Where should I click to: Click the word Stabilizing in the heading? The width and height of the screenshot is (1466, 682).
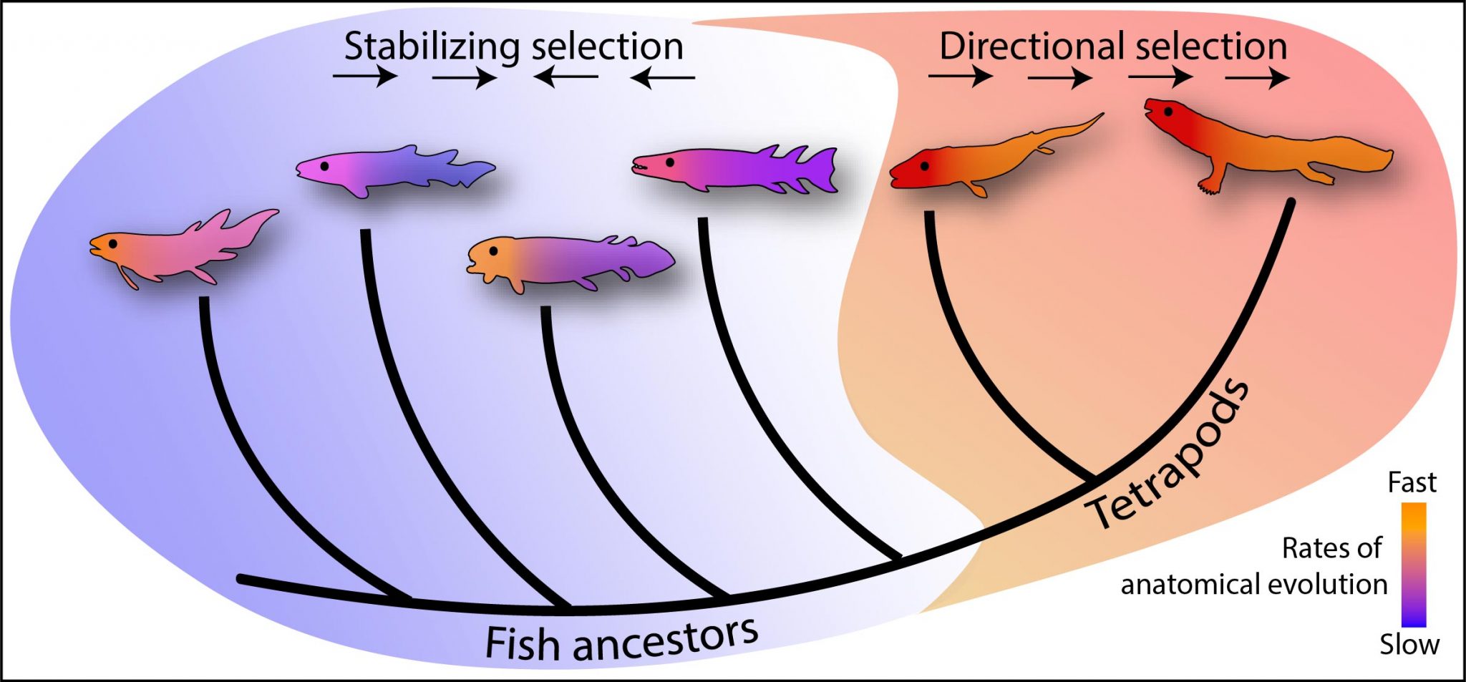tap(431, 47)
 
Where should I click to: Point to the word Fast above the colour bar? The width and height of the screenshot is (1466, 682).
tap(1412, 483)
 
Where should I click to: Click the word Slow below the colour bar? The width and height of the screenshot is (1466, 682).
tap(1409, 645)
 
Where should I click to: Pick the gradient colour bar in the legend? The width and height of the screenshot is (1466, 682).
tap(1414, 565)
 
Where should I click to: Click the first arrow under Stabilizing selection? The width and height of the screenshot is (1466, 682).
tap(365, 75)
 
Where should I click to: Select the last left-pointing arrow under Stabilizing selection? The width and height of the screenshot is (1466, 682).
tap(663, 76)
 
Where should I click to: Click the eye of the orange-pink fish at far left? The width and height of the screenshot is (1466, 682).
tap(112, 244)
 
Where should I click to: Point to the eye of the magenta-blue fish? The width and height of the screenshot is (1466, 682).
tap(324, 165)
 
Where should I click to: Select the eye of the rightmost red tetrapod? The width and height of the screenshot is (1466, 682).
tap(1168, 112)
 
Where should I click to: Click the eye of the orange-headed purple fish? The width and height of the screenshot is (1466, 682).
tap(493, 250)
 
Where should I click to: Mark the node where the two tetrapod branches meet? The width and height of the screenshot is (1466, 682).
tap(1094, 477)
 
